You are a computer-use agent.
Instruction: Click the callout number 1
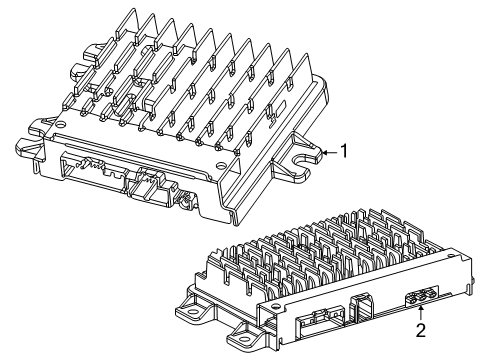(x=344, y=151)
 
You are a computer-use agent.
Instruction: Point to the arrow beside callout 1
(x=328, y=151)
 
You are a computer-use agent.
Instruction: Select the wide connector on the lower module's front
(x=319, y=319)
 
